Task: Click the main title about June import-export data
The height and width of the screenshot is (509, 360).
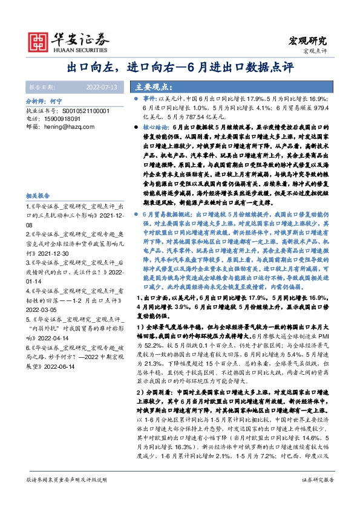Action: click(x=180, y=67)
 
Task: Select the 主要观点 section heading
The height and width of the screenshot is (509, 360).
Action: click(x=151, y=87)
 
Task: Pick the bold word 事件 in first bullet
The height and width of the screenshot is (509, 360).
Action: click(x=149, y=98)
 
